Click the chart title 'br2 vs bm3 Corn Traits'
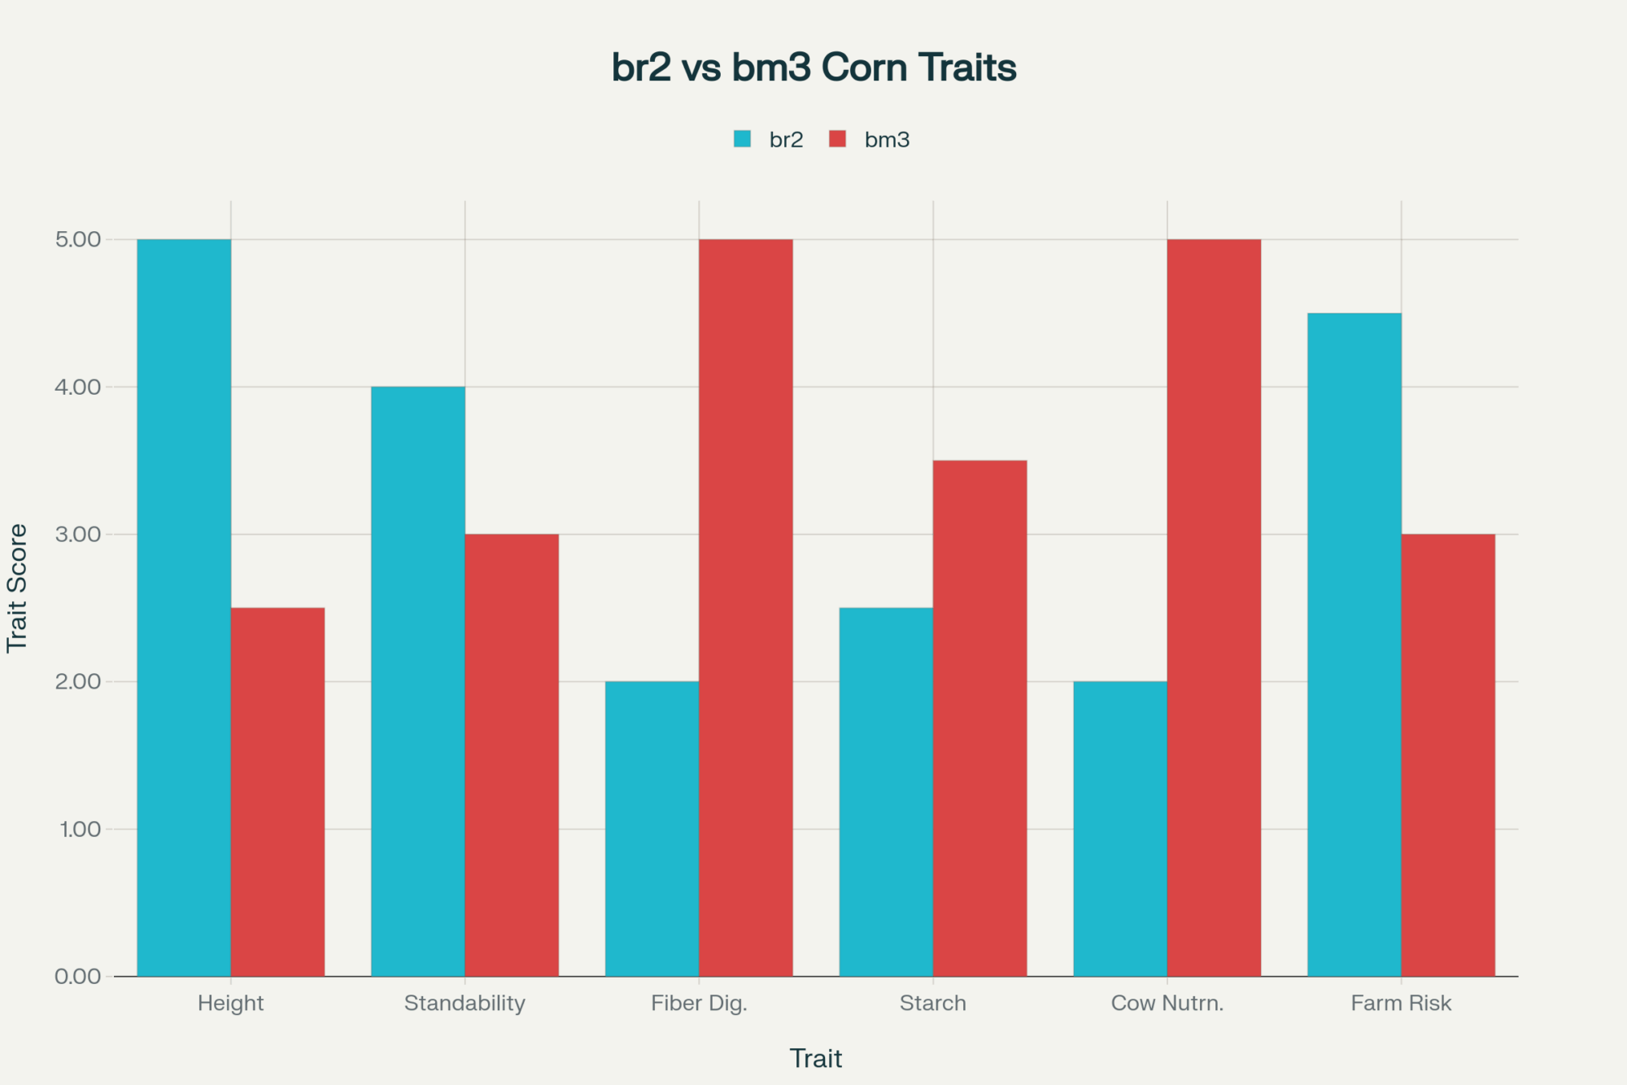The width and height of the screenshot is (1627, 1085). click(813, 68)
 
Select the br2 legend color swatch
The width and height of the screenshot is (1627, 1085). click(742, 139)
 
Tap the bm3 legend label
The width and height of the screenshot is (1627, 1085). click(887, 140)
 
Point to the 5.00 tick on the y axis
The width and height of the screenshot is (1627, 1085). click(78, 239)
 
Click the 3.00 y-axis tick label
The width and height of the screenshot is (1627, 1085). click(78, 534)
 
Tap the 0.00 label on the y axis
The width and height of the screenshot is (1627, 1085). click(78, 976)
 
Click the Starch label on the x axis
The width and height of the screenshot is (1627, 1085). click(933, 1003)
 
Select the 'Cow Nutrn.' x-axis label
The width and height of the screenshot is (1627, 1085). click(1167, 1003)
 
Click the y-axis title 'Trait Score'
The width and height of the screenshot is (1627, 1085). click(17, 588)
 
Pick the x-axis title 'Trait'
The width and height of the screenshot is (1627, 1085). click(816, 1058)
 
